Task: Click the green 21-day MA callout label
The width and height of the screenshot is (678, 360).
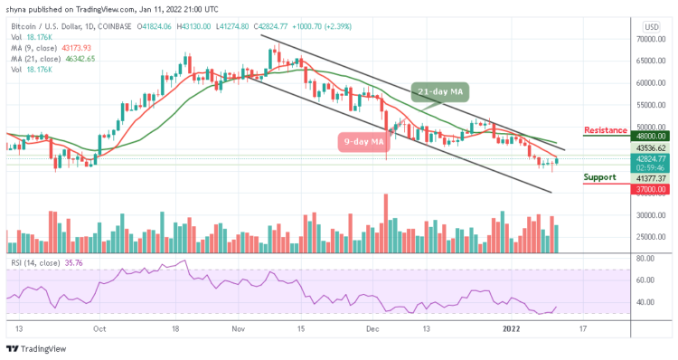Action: pos(443,91)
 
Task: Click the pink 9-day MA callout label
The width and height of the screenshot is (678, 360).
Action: pos(363,141)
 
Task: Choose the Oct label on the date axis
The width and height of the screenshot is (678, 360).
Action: pos(99,329)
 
